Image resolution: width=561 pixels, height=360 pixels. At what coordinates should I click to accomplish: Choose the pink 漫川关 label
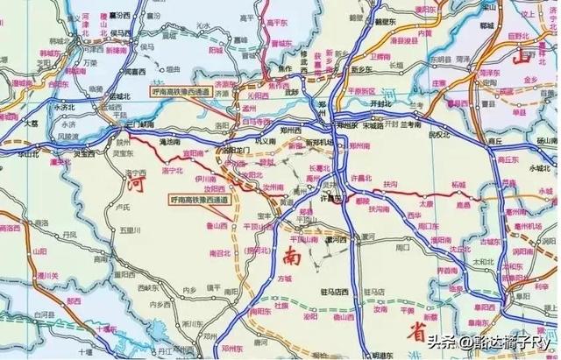[36, 255]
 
